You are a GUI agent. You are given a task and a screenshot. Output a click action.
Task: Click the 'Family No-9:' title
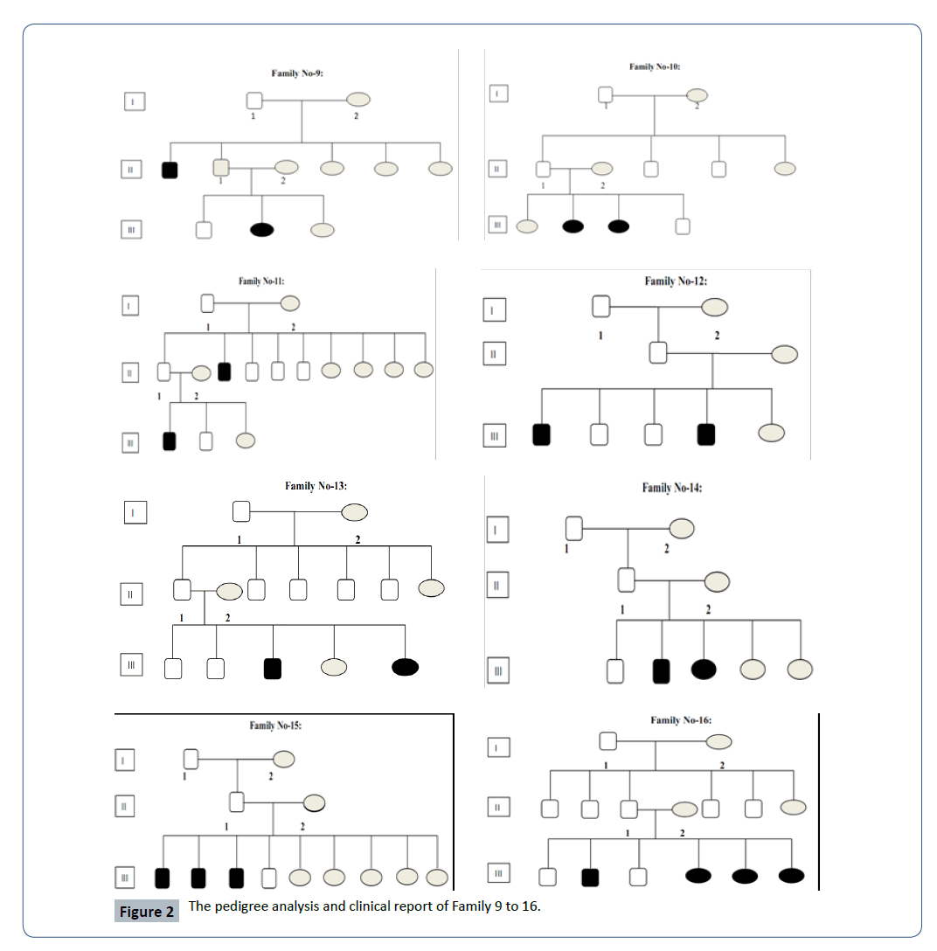(x=297, y=74)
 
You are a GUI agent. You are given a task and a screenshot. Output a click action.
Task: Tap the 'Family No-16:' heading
(x=680, y=720)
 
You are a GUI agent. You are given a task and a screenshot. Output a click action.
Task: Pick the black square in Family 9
(x=170, y=170)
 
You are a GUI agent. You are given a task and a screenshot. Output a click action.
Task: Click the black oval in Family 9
(x=262, y=230)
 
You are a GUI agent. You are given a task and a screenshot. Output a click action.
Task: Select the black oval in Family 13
(x=405, y=667)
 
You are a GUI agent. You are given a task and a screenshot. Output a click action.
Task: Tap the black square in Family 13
(x=274, y=668)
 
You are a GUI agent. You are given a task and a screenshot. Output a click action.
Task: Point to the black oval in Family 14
(x=704, y=670)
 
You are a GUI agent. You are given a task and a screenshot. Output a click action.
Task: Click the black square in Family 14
(x=662, y=670)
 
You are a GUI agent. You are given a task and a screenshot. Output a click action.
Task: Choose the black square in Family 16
(x=591, y=875)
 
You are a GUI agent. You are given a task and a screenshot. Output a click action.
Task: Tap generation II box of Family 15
(x=125, y=806)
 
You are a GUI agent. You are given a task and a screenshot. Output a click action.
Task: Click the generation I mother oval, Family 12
(x=714, y=306)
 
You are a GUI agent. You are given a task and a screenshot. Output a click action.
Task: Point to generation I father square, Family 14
(x=574, y=527)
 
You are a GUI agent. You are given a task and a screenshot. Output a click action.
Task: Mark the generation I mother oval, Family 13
(x=354, y=511)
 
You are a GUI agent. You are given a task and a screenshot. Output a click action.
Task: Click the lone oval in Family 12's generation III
(x=773, y=433)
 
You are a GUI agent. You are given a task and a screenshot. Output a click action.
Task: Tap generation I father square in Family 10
(x=606, y=94)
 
